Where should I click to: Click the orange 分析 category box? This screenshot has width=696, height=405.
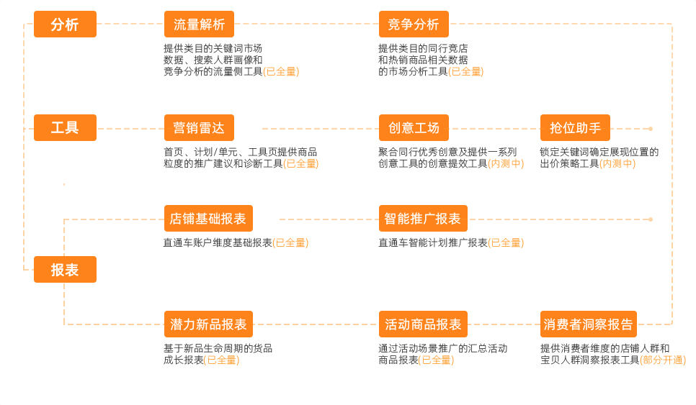click(x=65, y=24)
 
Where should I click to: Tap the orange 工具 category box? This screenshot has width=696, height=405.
click(x=65, y=128)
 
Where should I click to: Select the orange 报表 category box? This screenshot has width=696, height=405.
click(x=65, y=270)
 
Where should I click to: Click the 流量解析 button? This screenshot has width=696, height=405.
click(x=199, y=24)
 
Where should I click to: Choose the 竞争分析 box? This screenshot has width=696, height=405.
click(x=414, y=24)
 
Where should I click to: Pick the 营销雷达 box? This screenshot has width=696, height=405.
click(x=199, y=128)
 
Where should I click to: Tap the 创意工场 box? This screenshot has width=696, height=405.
click(x=414, y=128)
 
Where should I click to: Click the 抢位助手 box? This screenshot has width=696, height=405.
click(x=575, y=128)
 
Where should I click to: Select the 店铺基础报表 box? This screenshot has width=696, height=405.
click(x=208, y=219)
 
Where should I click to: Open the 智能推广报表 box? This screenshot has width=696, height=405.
click(x=423, y=219)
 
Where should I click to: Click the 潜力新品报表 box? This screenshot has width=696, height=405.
click(x=208, y=324)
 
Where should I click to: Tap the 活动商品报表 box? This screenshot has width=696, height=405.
click(x=423, y=324)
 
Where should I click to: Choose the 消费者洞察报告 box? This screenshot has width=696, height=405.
click(x=589, y=324)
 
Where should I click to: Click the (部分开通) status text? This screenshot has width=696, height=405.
click(x=663, y=360)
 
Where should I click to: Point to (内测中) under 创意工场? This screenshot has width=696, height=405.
click(x=506, y=164)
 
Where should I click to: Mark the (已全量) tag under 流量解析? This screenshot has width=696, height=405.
click(x=281, y=72)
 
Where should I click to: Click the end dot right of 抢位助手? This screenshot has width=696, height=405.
click(x=651, y=129)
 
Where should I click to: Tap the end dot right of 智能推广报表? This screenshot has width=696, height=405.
click(x=651, y=219)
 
